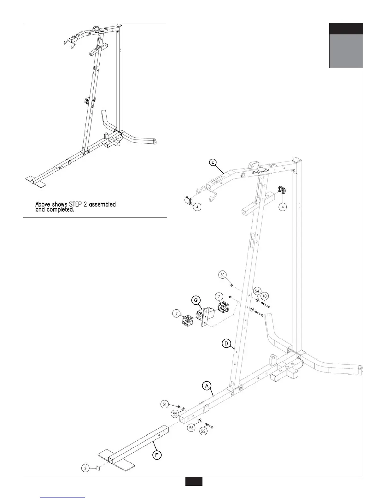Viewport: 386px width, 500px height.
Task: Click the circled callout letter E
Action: [x=213, y=162]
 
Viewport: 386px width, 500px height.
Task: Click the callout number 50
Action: [x=223, y=275]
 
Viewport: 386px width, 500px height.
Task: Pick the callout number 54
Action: [x=257, y=291]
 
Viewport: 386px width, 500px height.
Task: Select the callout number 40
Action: [x=265, y=296]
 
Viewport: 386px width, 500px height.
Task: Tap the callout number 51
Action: [x=164, y=403]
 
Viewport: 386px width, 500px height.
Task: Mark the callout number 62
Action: [x=203, y=431]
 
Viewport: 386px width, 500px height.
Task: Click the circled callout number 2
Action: [x=85, y=468]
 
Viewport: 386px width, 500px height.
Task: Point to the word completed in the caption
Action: [x=60, y=210]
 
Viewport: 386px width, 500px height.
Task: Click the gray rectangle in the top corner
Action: [x=346, y=51]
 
